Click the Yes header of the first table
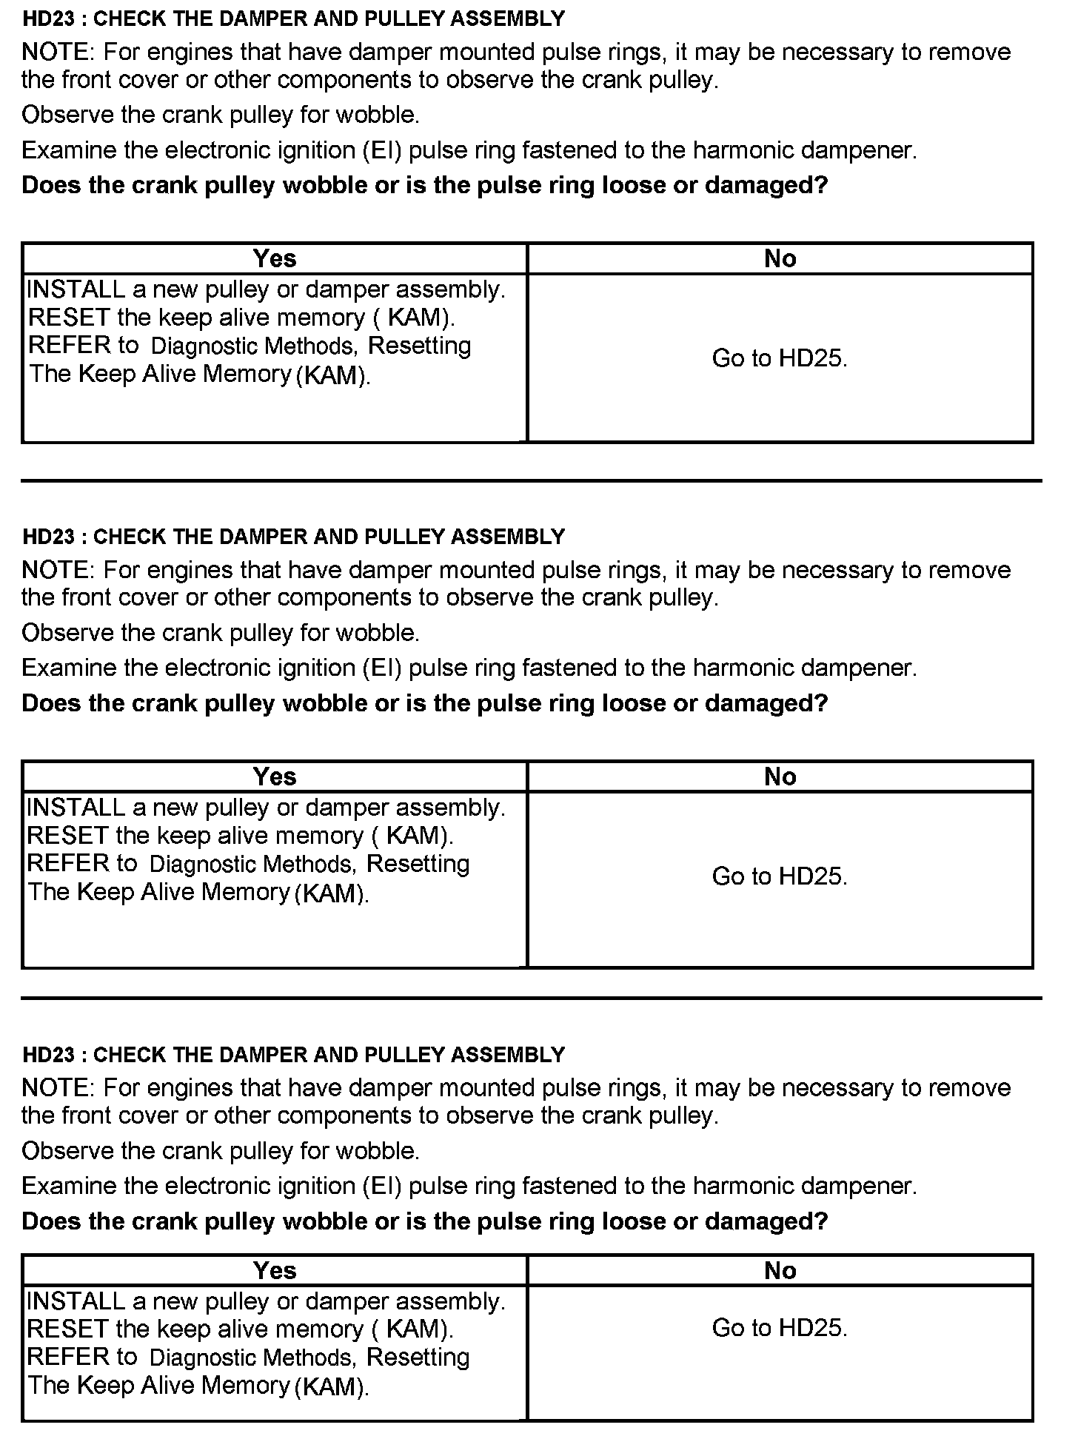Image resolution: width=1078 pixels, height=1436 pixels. [275, 258]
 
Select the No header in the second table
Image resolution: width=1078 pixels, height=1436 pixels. [780, 776]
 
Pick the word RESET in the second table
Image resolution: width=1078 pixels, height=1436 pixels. [67, 836]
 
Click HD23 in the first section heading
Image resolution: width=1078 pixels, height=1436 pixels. [49, 19]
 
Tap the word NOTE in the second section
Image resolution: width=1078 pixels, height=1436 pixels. [56, 570]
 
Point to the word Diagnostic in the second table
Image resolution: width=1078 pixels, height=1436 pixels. [204, 864]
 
